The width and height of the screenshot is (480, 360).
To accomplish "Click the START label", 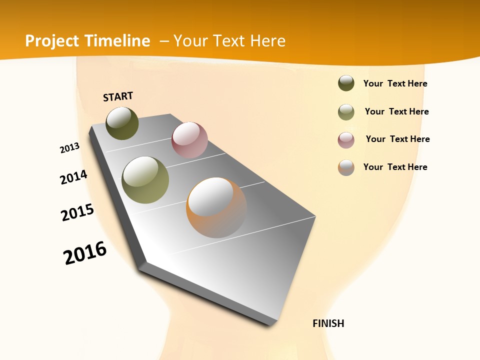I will [x=118, y=96].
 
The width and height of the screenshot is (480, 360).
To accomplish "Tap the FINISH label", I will [x=328, y=323].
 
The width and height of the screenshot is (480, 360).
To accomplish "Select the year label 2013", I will [x=69, y=147].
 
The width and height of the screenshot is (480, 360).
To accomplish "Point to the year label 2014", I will [x=73, y=177].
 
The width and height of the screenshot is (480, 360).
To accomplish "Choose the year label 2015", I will [x=77, y=212].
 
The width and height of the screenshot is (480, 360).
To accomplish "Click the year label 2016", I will [x=85, y=253].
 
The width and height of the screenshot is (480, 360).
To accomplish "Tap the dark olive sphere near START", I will [x=122, y=123].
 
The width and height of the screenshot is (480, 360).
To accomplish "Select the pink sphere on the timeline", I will [x=189, y=140].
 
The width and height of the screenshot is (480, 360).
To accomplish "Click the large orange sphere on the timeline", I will [x=216, y=207].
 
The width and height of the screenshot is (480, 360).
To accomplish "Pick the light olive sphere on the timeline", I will [x=145, y=180].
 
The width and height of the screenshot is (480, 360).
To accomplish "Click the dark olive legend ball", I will [x=346, y=83].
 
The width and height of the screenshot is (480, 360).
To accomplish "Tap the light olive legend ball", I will [x=346, y=112].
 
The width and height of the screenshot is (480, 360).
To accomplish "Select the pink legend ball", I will [x=346, y=140].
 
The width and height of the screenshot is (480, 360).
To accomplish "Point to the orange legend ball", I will [x=346, y=167].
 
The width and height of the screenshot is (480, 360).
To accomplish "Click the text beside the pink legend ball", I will [x=397, y=139].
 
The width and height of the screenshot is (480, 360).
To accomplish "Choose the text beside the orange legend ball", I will [x=395, y=167].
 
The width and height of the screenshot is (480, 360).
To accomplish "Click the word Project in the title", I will [x=52, y=41].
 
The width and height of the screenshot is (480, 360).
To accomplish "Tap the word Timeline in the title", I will [x=120, y=41].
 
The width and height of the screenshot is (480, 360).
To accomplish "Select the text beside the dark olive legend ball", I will [x=395, y=83].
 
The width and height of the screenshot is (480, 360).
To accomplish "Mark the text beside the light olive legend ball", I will [x=396, y=111].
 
